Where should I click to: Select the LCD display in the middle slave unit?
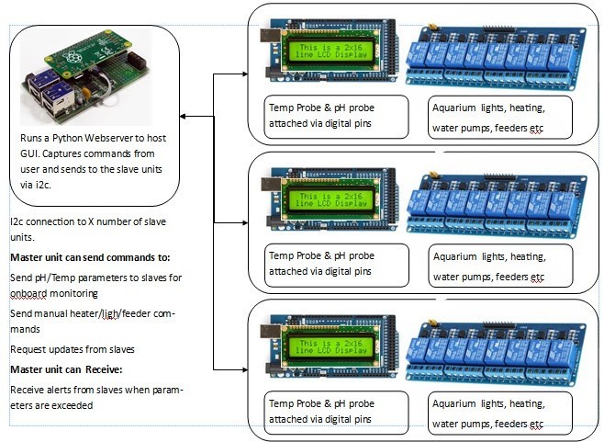pyautogui.click(x=332, y=198)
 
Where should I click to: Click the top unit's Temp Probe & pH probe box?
pyautogui.click(x=336, y=116)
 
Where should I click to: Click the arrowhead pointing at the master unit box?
pyautogui.click(x=185, y=117)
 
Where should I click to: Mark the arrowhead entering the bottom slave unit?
pyautogui.click(x=245, y=369)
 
